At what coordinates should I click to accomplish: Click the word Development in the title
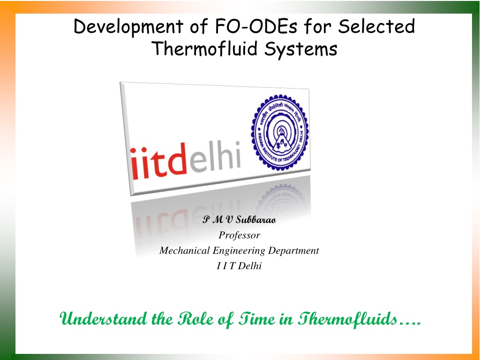coord(128,27)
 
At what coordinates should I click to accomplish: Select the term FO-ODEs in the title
coord(256,26)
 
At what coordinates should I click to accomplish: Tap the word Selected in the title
coord(376,26)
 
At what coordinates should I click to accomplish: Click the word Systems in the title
coord(301,49)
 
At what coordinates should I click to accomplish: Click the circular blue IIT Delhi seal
coord(280,132)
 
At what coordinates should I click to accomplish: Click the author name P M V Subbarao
coord(240,219)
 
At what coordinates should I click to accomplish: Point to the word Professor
coord(240,235)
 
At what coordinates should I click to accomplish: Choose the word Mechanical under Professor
coord(185,250)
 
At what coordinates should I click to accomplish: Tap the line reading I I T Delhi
coord(239,266)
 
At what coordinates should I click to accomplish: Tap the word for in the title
coord(318,26)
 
